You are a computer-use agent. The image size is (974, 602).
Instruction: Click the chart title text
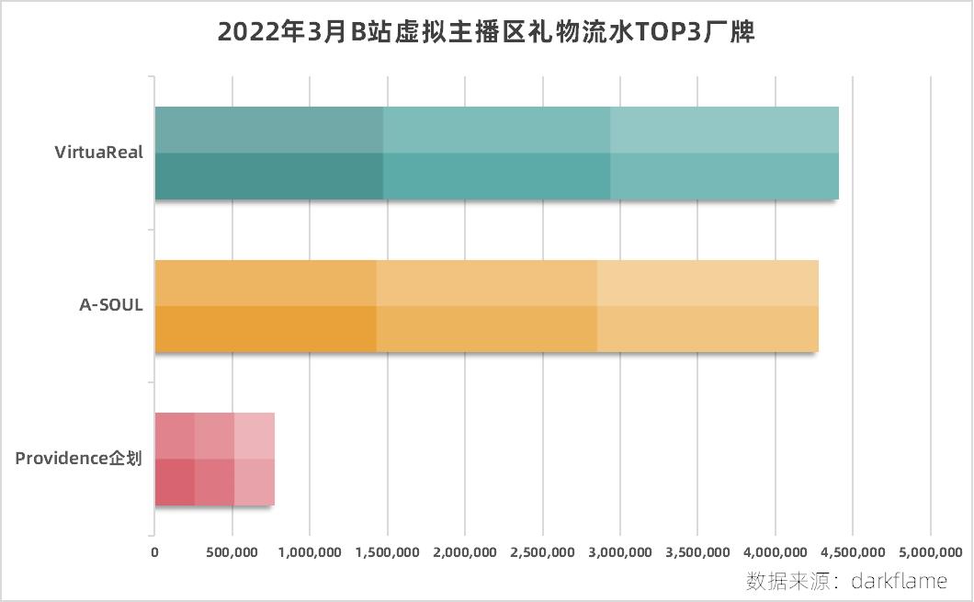pyautogui.click(x=486, y=33)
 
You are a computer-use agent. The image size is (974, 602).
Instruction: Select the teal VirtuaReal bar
pyautogui.click(x=496, y=153)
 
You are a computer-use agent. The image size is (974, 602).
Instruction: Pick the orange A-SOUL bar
pyautogui.click(x=486, y=306)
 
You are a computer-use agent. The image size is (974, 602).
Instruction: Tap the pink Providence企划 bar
pyautogui.click(x=214, y=460)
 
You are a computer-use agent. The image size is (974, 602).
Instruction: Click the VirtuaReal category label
pyautogui.click(x=99, y=153)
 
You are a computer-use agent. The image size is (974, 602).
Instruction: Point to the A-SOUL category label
pyautogui.click(x=111, y=306)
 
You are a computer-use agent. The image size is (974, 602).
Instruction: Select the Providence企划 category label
pyautogui.click(x=79, y=459)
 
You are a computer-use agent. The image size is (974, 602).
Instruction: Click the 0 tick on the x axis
pyautogui.click(x=154, y=551)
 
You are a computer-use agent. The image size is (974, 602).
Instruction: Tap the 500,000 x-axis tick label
pyautogui.click(x=232, y=551)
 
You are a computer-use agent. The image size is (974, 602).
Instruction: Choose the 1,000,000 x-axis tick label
pyautogui.click(x=310, y=551)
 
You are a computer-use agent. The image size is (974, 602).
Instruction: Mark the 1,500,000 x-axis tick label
pyautogui.click(x=388, y=551)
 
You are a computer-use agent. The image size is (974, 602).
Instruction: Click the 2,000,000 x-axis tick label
pyautogui.click(x=465, y=551)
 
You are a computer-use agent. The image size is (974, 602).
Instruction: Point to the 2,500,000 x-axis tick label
pyautogui.click(x=543, y=551)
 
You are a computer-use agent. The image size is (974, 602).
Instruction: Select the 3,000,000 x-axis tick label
pyautogui.click(x=620, y=551)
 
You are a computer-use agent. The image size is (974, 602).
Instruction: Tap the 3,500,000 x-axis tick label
pyautogui.click(x=698, y=551)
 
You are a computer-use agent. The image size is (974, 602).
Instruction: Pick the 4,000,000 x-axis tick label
pyautogui.click(x=776, y=551)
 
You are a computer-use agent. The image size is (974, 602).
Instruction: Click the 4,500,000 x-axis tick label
pyautogui.click(x=854, y=551)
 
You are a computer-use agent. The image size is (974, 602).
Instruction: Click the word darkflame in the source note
pyautogui.click(x=899, y=581)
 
